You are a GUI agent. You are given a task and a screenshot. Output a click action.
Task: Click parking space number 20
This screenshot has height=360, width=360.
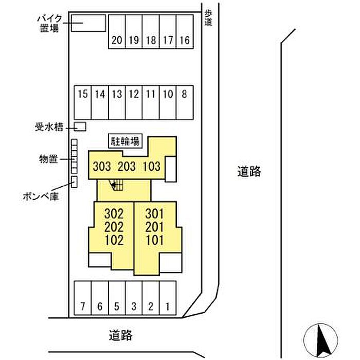117,32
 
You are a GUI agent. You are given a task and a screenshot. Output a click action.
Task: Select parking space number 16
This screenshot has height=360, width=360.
185,32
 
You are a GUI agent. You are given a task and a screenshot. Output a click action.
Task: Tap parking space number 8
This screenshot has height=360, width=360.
185,102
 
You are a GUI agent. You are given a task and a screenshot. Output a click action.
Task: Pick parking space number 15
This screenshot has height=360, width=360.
83,102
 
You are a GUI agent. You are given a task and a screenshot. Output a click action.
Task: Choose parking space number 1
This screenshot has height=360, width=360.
168,298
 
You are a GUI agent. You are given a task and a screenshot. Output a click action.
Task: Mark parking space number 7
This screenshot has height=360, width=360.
83,298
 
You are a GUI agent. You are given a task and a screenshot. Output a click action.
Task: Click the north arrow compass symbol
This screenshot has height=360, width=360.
320,340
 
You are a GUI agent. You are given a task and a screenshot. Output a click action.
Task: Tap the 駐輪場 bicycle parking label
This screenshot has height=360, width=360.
125,141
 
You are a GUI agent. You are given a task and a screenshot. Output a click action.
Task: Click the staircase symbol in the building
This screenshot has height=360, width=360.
116,185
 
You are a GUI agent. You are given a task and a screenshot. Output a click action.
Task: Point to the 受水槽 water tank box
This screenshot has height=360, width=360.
80,127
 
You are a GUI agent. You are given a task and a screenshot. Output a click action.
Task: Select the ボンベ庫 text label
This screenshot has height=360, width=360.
41,196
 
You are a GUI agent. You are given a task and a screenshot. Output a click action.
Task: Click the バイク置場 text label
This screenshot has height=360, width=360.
49,23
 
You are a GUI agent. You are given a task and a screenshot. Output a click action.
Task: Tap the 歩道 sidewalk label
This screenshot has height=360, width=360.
208,18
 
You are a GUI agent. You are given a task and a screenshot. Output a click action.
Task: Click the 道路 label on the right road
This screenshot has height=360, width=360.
249,171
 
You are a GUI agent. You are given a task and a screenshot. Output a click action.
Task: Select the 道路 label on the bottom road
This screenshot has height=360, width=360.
120,335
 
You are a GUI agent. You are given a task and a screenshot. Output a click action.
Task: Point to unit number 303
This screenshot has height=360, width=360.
102,166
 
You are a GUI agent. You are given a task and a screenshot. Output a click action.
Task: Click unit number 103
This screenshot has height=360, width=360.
152,166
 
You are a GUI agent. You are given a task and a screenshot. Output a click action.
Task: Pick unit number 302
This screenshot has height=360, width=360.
114,214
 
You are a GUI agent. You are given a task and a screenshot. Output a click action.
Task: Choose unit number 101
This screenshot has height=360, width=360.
155,240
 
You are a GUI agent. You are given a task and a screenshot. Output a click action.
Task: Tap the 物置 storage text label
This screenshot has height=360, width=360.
48,159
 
